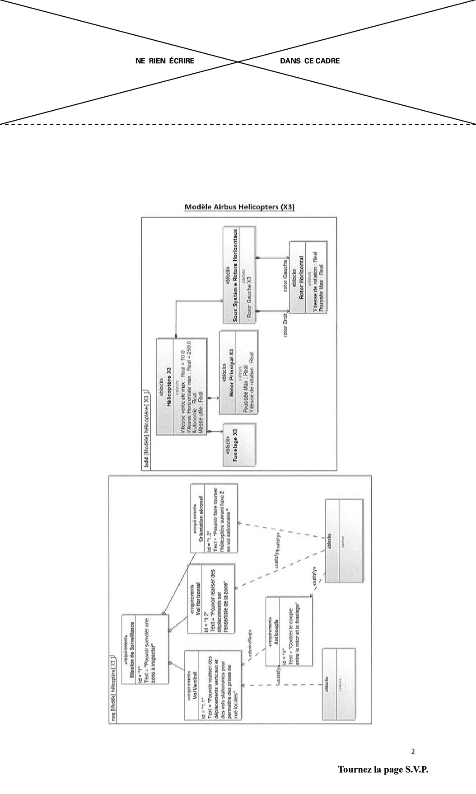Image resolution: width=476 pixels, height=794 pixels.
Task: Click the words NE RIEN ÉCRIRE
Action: pos(165,61)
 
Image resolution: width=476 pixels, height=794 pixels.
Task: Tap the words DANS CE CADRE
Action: pos(310,61)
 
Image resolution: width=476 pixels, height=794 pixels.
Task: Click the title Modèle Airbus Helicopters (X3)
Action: pos(239,207)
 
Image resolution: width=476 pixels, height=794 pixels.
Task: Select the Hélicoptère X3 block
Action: pos(181,387)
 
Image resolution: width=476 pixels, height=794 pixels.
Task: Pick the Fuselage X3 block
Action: pos(239,445)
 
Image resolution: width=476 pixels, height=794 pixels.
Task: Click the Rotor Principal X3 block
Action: pos(238,373)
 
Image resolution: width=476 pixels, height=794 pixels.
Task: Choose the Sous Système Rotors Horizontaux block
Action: pos(239,276)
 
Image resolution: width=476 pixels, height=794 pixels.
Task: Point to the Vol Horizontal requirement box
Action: pos(211,598)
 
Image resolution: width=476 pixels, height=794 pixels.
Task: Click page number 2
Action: pos(413,752)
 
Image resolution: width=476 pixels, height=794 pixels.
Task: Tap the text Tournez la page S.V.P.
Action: pos(383,770)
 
